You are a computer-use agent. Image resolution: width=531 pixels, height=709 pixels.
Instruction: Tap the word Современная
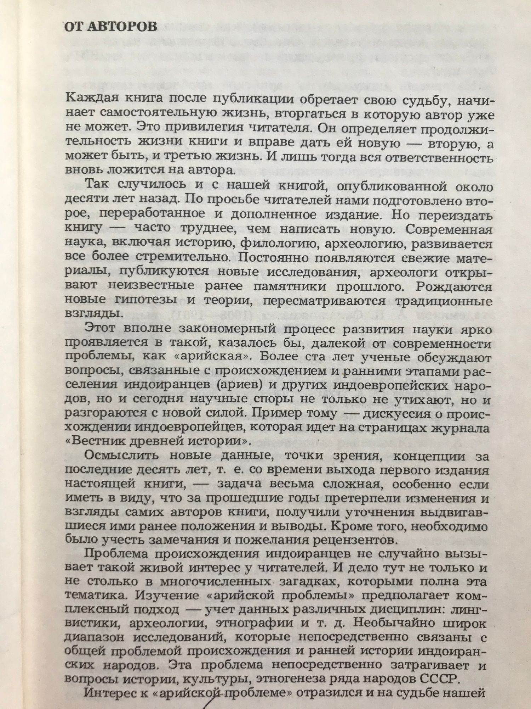tap(449, 229)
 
